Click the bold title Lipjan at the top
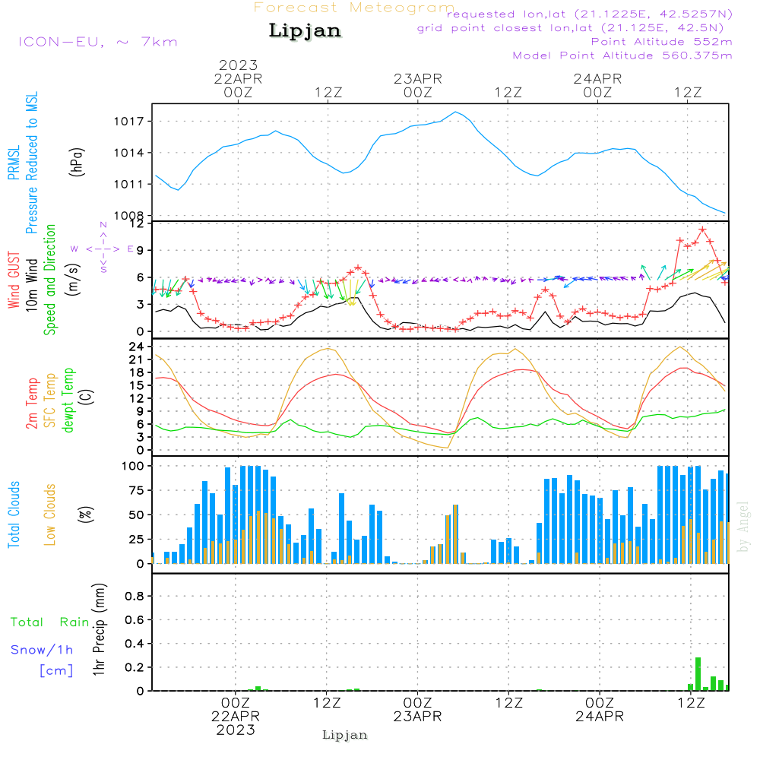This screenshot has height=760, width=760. (305, 31)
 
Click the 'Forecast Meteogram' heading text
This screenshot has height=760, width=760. (354, 8)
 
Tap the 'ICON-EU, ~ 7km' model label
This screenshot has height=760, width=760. (97, 42)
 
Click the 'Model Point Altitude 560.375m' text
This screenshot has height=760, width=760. (622, 55)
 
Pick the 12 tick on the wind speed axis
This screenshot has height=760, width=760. (137, 224)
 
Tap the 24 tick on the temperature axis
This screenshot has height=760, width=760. (137, 347)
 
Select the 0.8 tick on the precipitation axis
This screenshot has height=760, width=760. (135, 597)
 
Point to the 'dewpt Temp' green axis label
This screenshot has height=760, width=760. (68, 401)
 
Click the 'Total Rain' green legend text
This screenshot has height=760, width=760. (50, 622)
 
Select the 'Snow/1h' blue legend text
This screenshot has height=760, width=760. (42, 650)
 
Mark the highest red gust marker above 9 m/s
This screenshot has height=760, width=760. (703, 230)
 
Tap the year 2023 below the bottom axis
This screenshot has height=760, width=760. (236, 730)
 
